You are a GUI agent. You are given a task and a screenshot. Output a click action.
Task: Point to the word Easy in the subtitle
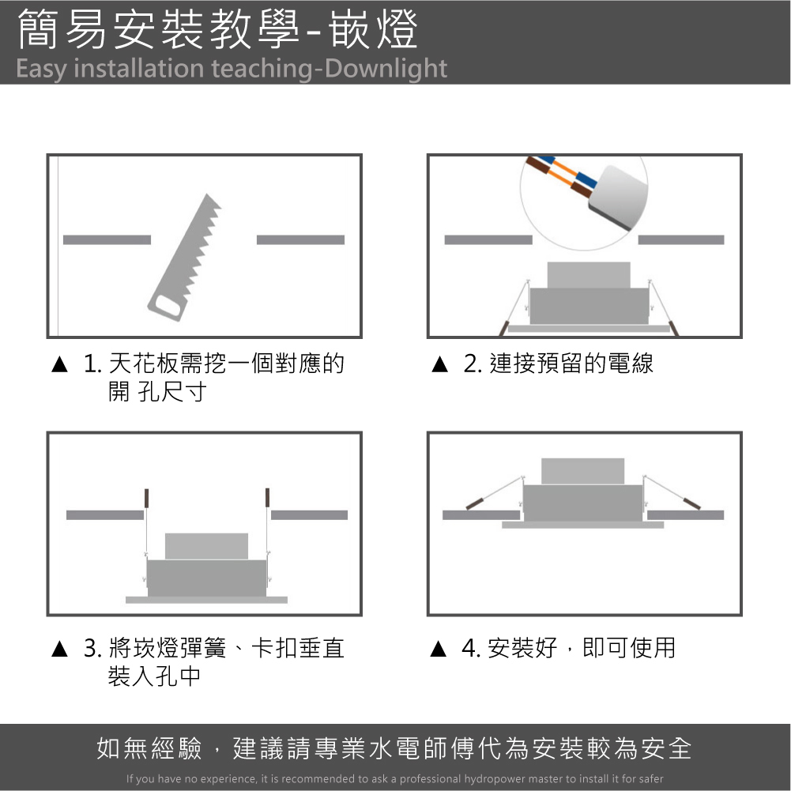click(x=41, y=69)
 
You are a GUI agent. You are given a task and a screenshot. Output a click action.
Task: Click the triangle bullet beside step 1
click(x=59, y=364)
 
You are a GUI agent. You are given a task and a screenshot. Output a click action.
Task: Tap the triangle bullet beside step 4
click(x=439, y=649)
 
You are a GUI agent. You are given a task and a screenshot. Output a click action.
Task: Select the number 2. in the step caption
click(x=473, y=363)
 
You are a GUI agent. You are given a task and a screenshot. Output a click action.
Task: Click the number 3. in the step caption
click(x=92, y=648)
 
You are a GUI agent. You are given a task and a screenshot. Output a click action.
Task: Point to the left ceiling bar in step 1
click(x=107, y=239)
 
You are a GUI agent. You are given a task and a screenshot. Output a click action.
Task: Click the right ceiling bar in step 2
click(x=681, y=239)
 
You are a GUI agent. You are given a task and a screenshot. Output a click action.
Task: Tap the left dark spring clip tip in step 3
click(x=146, y=497)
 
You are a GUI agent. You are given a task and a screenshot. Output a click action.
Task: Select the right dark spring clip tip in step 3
click(x=267, y=497)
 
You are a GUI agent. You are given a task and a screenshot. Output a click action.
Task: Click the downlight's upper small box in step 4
click(x=582, y=471)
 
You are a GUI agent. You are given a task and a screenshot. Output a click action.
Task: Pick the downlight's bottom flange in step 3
click(x=206, y=600)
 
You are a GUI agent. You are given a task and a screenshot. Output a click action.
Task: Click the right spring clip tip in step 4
click(x=691, y=503)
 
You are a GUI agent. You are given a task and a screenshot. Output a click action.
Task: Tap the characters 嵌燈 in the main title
click(x=373, y=30)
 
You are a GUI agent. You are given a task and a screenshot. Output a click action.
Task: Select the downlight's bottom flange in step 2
click(x=589, y=329)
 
